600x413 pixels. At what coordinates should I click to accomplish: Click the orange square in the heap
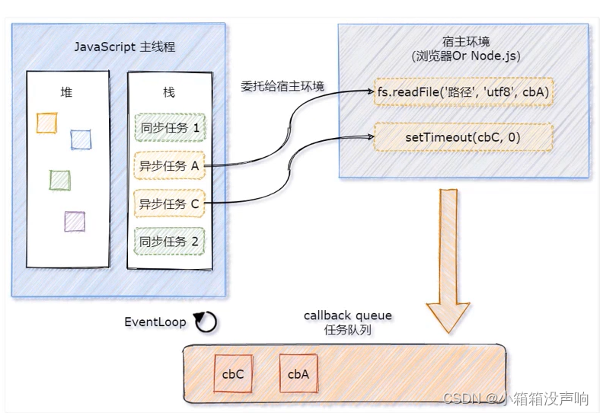pyautogui.click(x=47, y=123)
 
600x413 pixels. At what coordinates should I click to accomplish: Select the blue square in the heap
pyautogui.click(x=81, y=139)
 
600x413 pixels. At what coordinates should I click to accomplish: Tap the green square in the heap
pyautogui.click(x=59, y=181)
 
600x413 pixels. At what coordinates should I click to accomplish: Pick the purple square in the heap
pyautogui.click(x=75, y=221)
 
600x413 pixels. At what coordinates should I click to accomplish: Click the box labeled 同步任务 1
pyautogui.click(x=169, y=127)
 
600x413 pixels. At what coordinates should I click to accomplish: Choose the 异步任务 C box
pyautogui.click(x=169, y=203)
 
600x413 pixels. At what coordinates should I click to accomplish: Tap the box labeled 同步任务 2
pyautogui.click(x=169, y=242)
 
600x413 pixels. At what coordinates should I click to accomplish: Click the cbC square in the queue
pyautogui.click(x=233, y=374)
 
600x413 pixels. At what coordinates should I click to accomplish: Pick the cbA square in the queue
pyautogui.click(x=298, y=374)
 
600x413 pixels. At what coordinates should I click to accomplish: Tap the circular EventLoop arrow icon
pyautogui.click(x=206, y=322)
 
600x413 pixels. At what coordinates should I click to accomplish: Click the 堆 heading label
pyautogui.click(x=66, y=91)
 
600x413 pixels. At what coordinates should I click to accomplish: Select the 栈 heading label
pyautogui.click(x=169, y=91)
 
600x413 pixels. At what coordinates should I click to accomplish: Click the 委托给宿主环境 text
pyautogui.click(x=282, y=86)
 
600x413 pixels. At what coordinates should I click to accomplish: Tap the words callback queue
pyautogui.click(x=347, y=315)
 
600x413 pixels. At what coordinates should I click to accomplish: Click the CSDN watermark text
pyautogui.click(x=516, y=398)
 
